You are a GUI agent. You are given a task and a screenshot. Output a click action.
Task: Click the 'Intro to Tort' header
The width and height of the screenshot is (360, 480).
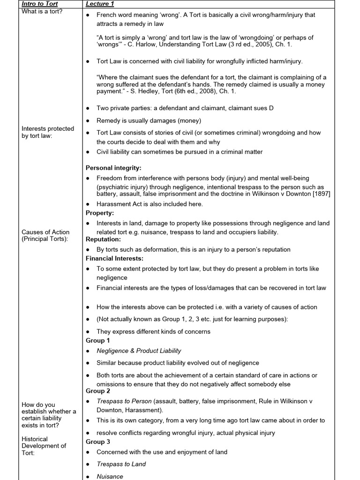tap(40, 4)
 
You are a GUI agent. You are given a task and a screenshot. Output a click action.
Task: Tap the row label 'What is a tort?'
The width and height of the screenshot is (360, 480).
tap(42, 11)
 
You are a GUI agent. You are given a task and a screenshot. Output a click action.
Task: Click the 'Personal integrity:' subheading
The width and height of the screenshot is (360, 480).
tap(113, 167)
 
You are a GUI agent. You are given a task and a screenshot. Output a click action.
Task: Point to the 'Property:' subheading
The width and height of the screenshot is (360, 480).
tap(100, 213)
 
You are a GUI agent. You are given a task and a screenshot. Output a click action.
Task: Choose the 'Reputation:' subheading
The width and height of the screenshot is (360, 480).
tap(103, 239)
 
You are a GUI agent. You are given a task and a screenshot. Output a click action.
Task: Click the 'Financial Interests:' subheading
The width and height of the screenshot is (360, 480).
tap(114, 258)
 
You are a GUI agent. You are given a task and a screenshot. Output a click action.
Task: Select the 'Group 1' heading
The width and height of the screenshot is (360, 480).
tap(98, 340)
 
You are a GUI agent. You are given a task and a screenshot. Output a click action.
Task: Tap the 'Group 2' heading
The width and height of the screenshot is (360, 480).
tap(98, 391)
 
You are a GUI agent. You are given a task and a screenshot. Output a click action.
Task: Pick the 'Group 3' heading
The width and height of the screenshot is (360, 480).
tap(98, 442)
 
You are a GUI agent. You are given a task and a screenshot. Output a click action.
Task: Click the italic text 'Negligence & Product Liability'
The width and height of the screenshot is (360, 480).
tap(139, 351)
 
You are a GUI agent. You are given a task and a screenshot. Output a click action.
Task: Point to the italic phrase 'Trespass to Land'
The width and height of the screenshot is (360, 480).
tap(121, 464)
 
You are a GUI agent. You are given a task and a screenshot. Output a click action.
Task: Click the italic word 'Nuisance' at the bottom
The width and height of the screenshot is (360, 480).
tap(110, 476)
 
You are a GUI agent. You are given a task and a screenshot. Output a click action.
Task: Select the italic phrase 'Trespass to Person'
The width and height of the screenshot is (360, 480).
tap(124, 401)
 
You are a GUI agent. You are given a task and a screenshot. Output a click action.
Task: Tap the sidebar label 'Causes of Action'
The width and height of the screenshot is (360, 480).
tap(45, 232)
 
